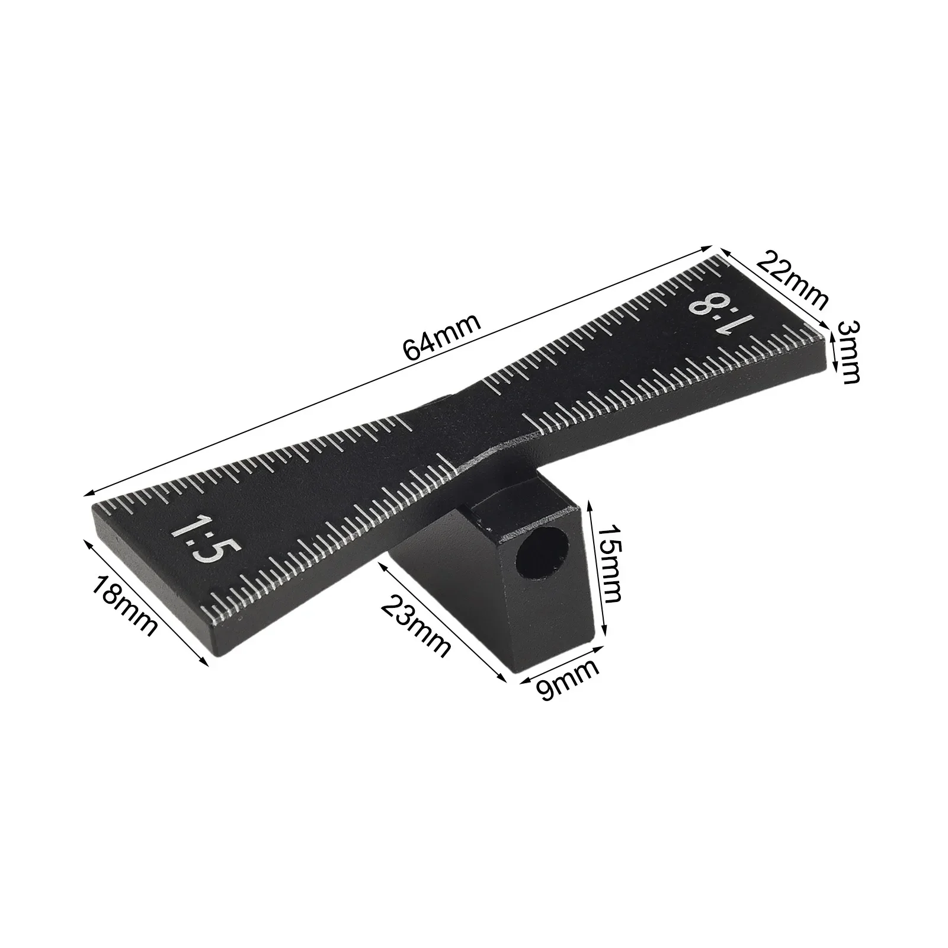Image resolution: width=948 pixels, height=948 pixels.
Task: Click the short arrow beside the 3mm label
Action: click(833, 352)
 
